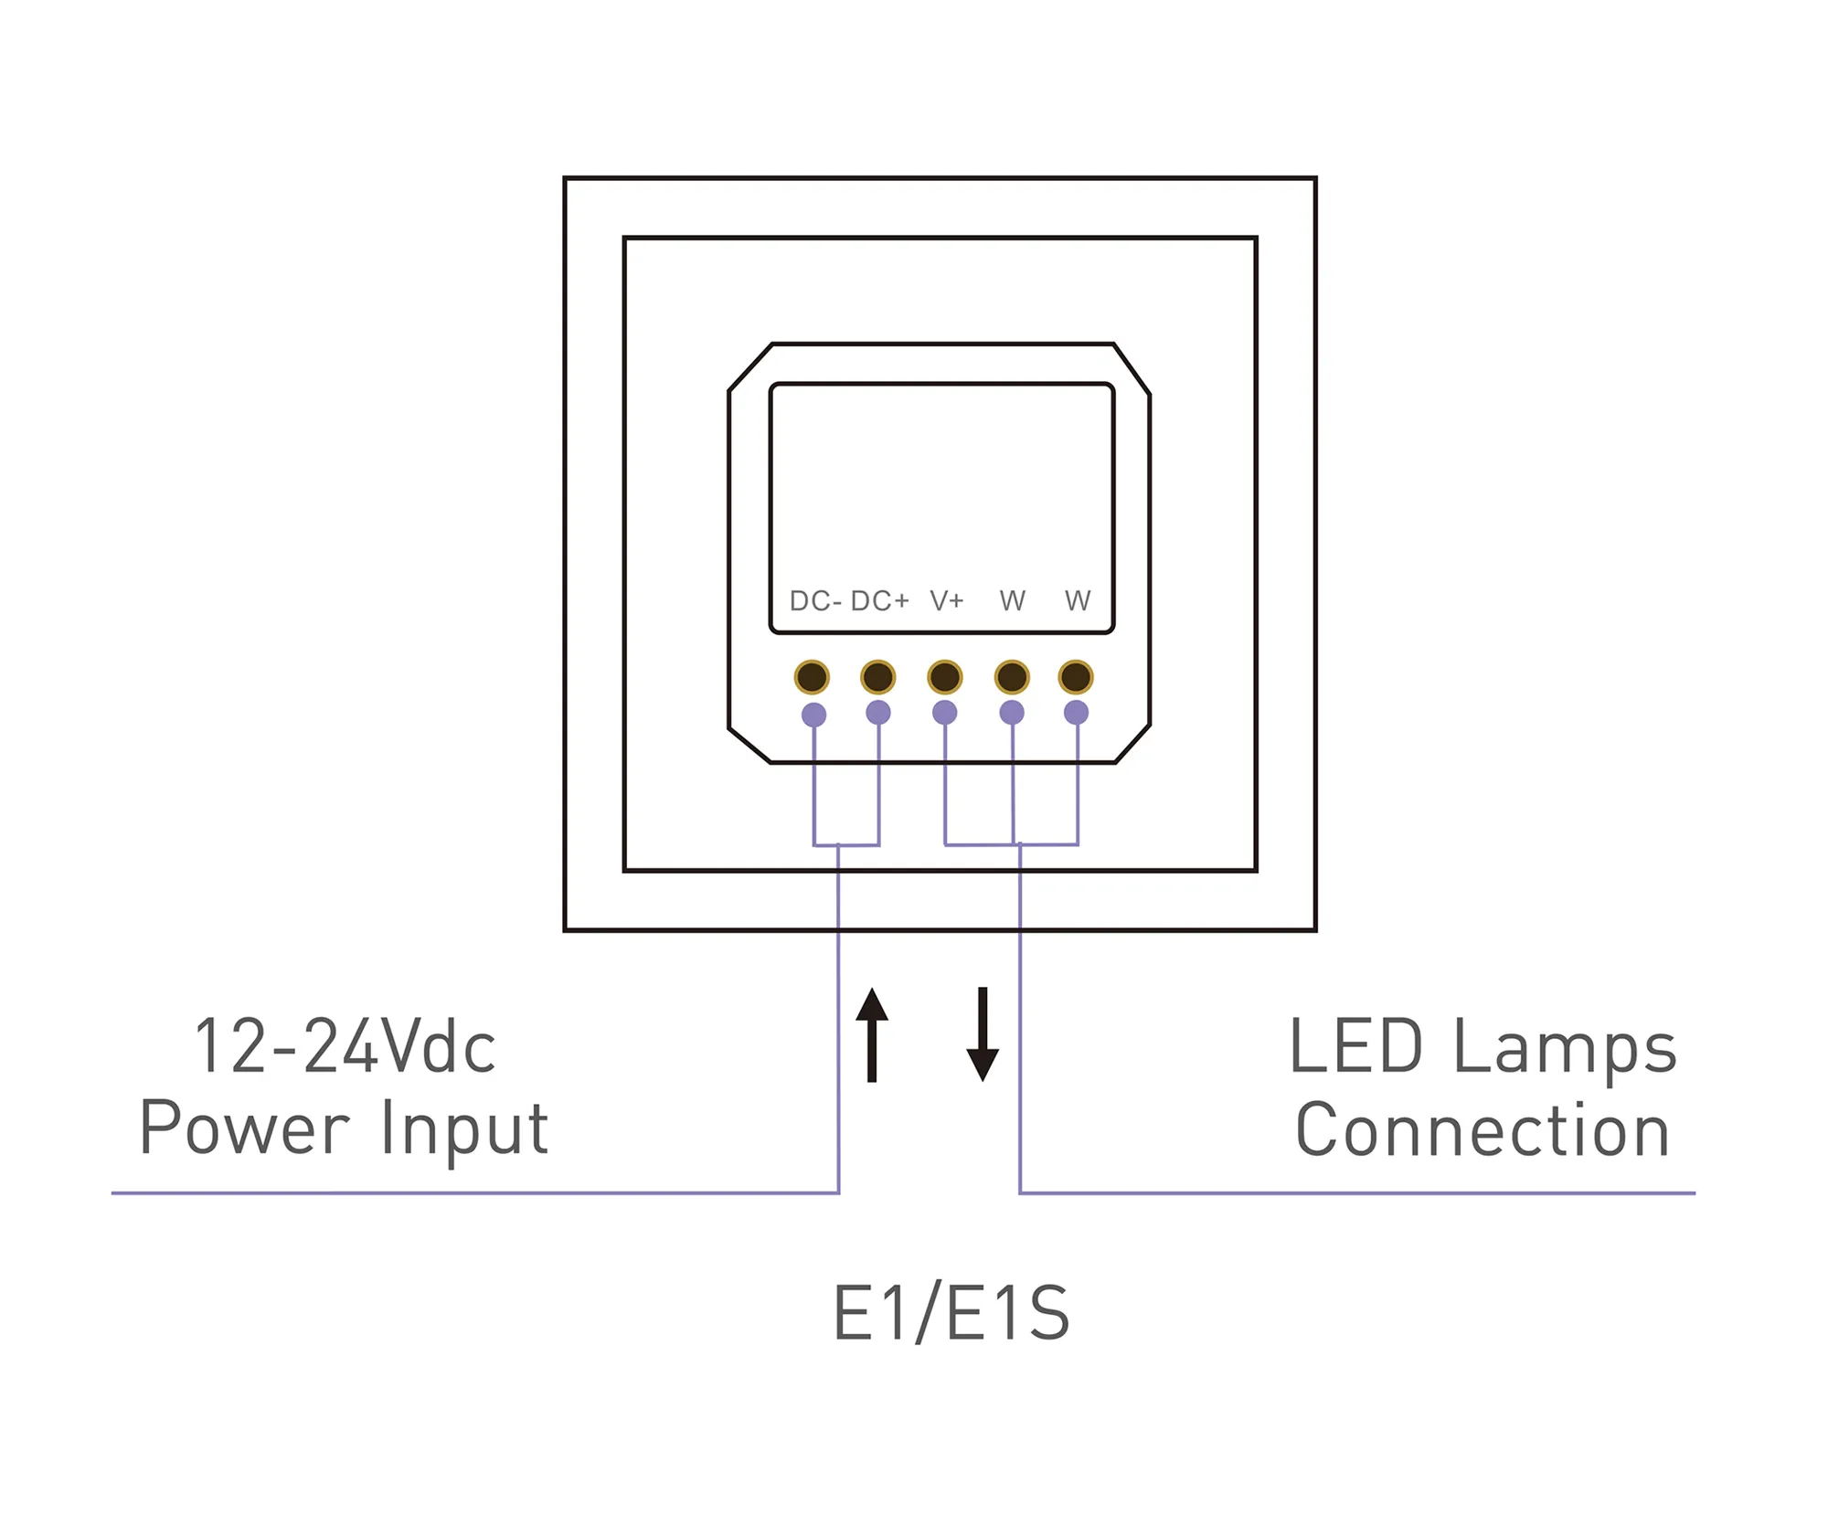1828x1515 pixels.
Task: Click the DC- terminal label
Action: (814, 601)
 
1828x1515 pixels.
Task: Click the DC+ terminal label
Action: (879, 601)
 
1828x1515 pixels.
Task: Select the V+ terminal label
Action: (947, 601)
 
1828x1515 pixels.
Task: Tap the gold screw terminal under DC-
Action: (812, 677)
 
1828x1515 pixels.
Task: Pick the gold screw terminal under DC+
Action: (877, 677)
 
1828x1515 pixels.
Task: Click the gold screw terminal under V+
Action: (944, 677)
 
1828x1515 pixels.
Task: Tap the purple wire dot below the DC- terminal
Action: (813, 715)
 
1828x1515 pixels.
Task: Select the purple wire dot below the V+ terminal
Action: (944, 713)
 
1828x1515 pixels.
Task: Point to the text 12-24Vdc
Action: (345, 1047)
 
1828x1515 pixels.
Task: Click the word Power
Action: (244, 1129)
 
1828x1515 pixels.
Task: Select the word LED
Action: (1355, 1047)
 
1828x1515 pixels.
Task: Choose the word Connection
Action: (1483, 1130)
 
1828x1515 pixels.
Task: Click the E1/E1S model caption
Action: (951, 1314)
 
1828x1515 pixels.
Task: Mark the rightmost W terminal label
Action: (1078, 601)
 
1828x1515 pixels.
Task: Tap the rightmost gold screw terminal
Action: (1076, 677)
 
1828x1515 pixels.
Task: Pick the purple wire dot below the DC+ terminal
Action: (877, 713)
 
